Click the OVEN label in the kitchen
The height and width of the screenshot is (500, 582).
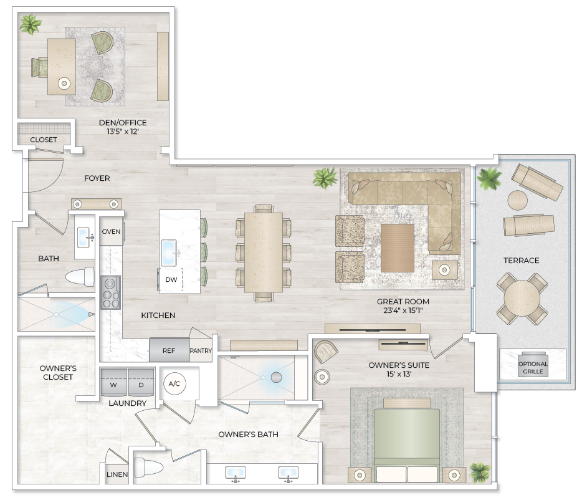[111, 231]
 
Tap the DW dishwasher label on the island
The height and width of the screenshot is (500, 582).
[171, 280]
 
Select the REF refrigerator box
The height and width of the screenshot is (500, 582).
[169, 350]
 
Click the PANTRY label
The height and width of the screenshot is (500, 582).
[201, 351]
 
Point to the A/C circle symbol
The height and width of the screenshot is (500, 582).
[174, 383]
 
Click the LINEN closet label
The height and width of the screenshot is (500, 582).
[117, 474]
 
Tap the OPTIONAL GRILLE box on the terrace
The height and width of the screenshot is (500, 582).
[533, 367]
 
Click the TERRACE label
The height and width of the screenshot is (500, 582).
[522, 261]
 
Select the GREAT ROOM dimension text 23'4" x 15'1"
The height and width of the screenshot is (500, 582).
[403, 311]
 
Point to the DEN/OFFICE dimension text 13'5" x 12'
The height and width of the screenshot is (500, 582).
[123, 133]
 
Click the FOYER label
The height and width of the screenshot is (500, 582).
[97, 178]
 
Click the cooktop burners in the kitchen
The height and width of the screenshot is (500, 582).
[111, 292]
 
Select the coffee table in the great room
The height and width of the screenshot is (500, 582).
[398, 248]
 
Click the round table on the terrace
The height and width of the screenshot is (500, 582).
[522, 298]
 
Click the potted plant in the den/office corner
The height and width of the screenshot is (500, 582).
[30, 24]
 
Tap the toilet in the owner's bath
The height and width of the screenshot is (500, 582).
[148, 467]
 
